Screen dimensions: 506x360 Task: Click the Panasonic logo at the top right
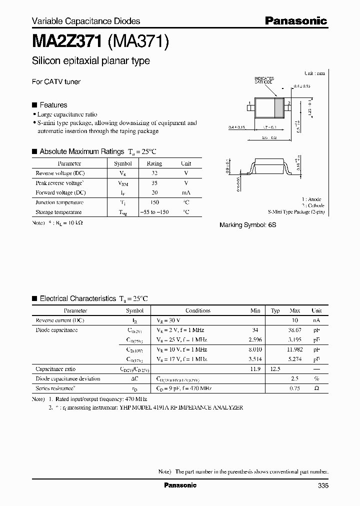[295, 20]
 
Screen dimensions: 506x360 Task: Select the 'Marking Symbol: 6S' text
[247, 225]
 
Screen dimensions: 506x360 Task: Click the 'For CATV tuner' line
[56, 81]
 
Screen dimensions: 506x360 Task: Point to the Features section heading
[53, 105]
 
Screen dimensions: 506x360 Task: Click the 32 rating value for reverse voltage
[154, 173]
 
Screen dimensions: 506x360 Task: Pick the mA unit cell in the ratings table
[186, 192]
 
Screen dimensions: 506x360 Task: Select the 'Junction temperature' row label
[59, 202]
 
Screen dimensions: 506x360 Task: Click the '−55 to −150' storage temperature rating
[154, 212]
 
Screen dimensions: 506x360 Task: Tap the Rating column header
[154, 163]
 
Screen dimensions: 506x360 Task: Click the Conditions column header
[198, 310]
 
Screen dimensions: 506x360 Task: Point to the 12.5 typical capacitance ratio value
[275, 369]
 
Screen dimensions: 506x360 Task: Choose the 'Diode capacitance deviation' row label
[67, 378]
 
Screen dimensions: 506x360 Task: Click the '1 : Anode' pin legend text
[311, 199]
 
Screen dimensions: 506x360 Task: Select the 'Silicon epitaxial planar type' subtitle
[90, 61]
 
